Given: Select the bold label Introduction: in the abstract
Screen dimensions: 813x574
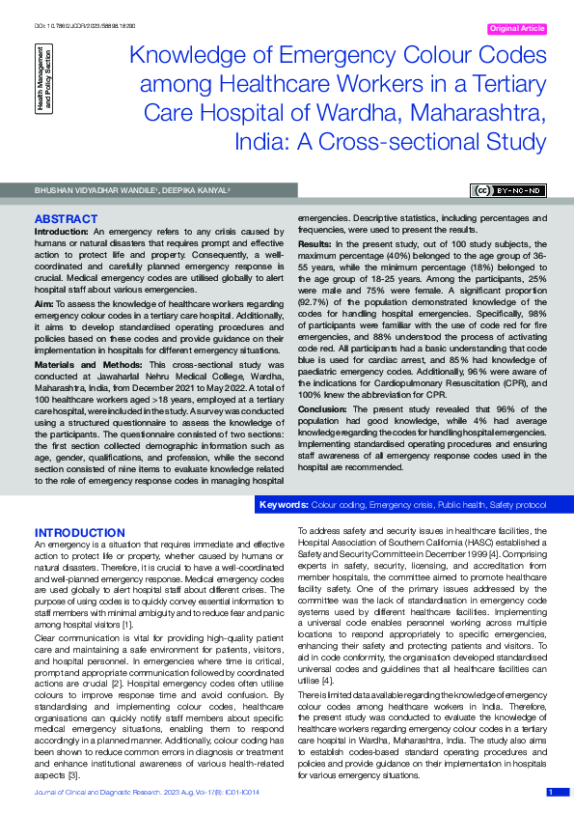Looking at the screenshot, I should (x=62, y=233).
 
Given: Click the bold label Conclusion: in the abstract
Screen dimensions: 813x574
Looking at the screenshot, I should (x=323, y=408).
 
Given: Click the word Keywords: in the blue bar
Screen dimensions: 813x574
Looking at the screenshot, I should (x=285, y=505).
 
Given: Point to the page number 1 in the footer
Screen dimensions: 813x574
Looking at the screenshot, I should (x=551, y=792).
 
